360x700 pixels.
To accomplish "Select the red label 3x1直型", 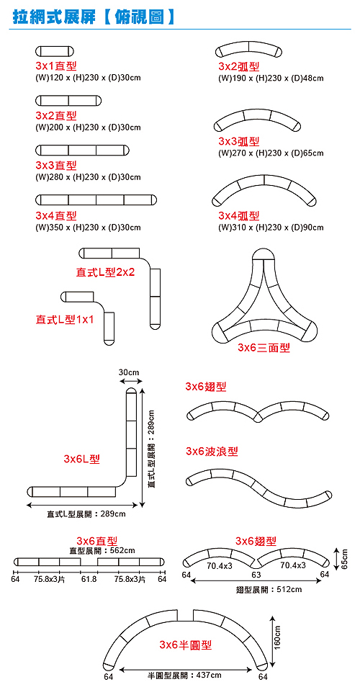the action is point(56,66).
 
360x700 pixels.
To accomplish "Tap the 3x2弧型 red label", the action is point(239,66).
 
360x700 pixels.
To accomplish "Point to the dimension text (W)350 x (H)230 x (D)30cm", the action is point(88,228).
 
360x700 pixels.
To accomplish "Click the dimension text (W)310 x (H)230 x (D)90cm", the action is point(271,228).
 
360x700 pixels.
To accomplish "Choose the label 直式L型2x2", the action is point(105,272).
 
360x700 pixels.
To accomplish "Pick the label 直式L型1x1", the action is point(65,320).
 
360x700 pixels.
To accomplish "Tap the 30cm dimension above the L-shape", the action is point(130,372).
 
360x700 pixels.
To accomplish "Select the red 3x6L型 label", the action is point(81,459).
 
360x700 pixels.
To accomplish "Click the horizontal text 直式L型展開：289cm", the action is point(86,514).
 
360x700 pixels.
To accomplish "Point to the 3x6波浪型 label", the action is point(212,452).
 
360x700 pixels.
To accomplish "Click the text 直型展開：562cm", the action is point(102,550).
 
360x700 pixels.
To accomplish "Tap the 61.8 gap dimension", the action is point(89,580).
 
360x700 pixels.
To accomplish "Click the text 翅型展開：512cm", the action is point(269,590).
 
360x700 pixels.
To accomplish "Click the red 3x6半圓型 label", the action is point(186,645).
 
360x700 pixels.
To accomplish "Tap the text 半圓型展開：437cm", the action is point(185,675).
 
